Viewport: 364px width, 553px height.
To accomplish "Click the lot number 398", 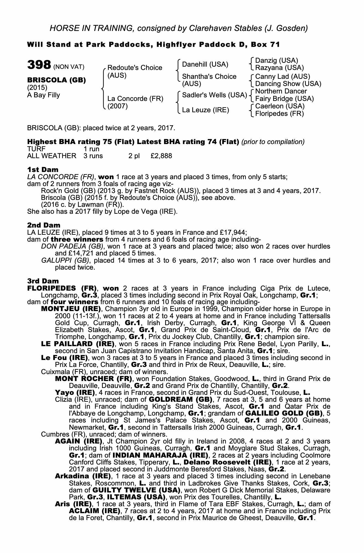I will coord(39,65).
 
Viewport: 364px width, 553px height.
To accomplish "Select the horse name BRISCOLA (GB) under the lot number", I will coord(56,80).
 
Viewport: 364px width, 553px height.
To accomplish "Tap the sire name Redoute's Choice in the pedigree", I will coord(135,68).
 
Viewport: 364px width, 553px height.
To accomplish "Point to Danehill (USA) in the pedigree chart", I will coord(205,64).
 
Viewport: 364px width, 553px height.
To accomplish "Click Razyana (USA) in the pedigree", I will coord(280,68).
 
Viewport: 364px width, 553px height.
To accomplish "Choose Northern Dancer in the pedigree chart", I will coord(281,92).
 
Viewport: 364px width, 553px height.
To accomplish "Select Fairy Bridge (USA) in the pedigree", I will coord(284,99).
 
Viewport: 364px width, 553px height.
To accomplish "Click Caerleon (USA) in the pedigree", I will coord(280,106).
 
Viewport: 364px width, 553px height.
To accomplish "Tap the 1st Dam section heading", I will coord(43,169).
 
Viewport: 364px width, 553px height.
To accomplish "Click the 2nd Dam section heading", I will coord(43,225).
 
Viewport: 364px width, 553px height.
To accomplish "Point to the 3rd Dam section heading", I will coord(43,281).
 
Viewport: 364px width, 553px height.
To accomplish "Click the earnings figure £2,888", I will coord(161,156).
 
